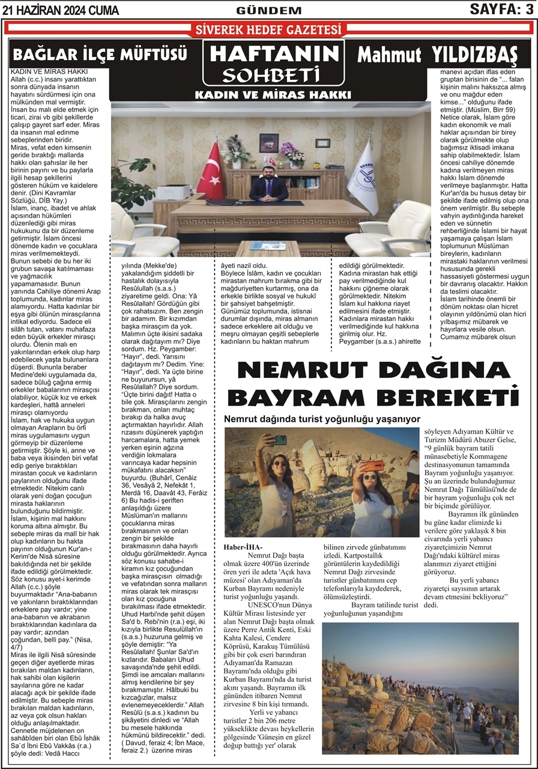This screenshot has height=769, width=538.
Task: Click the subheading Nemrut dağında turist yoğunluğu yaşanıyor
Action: [x=321, y=419]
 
